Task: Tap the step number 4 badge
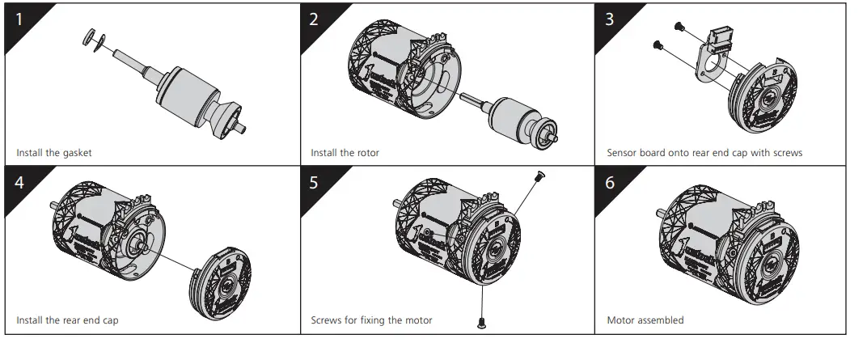(19, 182)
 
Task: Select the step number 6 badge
(610, 182)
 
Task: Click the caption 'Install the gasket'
(60, 152)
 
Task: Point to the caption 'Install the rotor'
(345, 152)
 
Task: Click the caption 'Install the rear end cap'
(67, 320)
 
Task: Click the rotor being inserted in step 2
(518, 117)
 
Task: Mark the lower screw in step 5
(483, 323)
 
